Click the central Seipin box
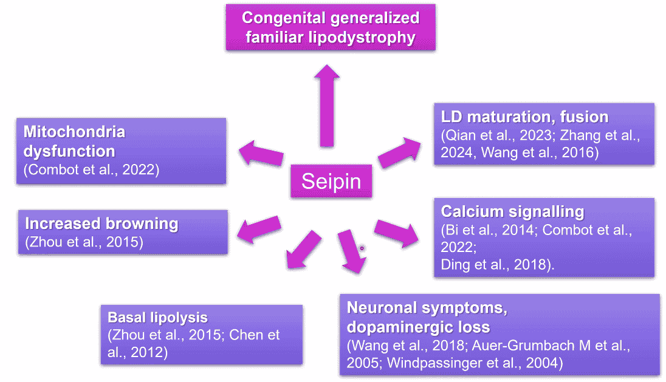pos(331,181)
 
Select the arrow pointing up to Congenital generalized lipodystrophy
pos(327,106)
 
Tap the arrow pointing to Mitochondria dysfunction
pos(261,153)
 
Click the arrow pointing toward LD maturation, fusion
pos(399,152)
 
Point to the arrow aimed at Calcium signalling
pos(397,233)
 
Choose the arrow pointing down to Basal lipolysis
pos(303,250)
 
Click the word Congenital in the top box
pos(284,18)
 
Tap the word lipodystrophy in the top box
pos(362,38)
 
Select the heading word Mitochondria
pos(74,132)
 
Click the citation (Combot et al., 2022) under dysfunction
pos(91,170)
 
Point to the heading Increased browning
pos(101,223)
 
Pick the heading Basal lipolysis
pos(157,318)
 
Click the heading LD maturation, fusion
pos(524,117)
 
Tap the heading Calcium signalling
pos(513,211)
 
